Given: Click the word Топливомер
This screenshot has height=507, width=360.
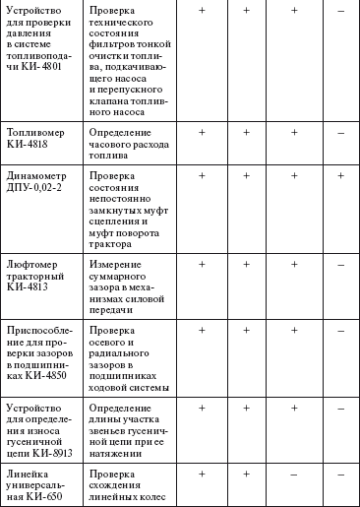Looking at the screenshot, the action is (x=37, y=132).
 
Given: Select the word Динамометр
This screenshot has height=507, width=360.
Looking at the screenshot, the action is (x=37, y=175).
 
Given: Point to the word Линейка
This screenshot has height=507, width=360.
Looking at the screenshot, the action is (x=30, y=475).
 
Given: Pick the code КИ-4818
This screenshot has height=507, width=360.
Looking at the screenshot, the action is (x=29, y=145).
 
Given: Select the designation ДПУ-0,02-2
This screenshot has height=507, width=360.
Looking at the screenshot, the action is (x=37, y=188).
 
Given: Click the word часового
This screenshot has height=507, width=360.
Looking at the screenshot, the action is (x=115, y=145).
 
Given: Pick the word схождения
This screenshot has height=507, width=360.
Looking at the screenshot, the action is (x=116, y=487).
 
